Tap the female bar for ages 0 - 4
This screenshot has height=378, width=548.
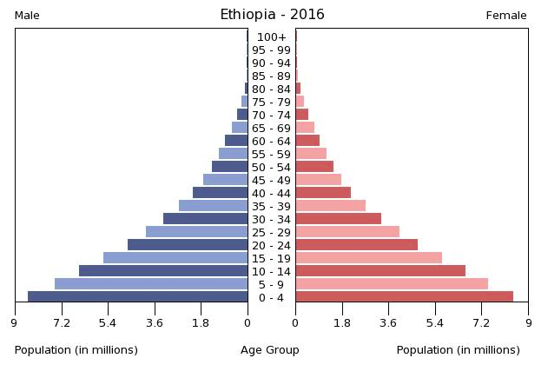(404, 296)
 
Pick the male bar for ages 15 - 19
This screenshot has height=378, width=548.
(175, 257)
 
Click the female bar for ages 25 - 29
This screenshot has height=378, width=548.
(347, 231)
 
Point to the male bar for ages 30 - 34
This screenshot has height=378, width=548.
(205, 218)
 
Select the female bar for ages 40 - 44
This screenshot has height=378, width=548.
(323, 192)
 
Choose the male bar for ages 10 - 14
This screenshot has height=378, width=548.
(163, 270)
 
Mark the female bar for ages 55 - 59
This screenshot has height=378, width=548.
(311, 153)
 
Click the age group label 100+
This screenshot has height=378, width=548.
(272, 36)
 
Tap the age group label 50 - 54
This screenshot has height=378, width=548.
(272, 167)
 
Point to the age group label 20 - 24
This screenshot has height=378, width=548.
(272, 245)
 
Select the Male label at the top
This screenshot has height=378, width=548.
(27, 16)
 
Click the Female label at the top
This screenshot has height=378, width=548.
(506, 16)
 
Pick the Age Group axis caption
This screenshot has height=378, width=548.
(270, 350)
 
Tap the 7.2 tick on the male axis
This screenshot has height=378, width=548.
(62, 324)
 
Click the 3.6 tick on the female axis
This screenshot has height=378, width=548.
(388, 324)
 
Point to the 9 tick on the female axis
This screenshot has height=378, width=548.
(528, 324)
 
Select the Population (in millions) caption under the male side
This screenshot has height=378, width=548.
(76, 350)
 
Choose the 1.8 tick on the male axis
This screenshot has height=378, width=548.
(201, 324)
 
